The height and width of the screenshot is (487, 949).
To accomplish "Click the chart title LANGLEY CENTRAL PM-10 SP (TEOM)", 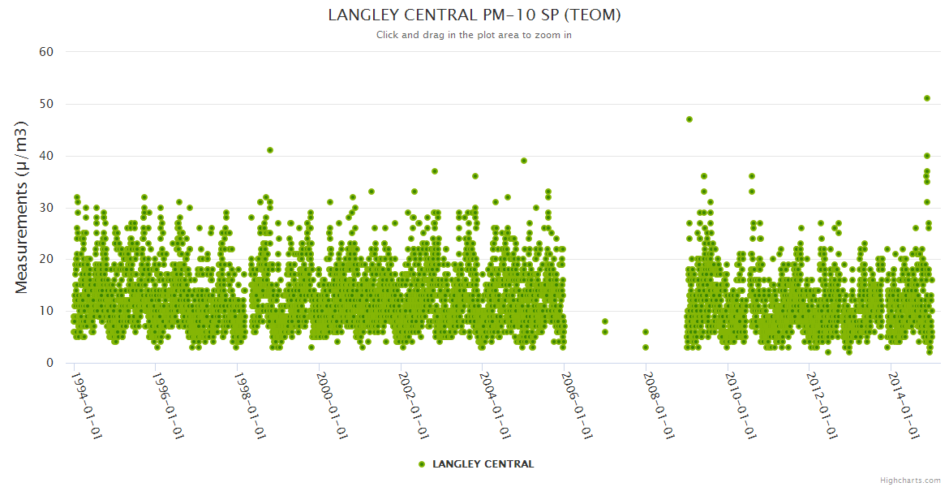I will [x=474, y=15].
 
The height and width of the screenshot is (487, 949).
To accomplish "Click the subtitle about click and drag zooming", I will [x=474, y=35].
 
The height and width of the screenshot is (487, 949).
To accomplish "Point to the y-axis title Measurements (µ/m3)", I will [x=22, y=207].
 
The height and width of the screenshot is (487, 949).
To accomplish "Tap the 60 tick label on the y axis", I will [x=46, y=52].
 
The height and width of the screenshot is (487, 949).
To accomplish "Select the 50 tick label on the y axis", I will [x=46, y=104].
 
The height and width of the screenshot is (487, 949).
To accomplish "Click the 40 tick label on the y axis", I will [x=46, y=156].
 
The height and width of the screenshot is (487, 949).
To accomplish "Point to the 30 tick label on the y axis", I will [x=46, y=208].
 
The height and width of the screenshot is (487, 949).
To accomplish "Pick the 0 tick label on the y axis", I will [x=49, y=363].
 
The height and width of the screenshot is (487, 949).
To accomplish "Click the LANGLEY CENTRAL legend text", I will [x=483, y=464].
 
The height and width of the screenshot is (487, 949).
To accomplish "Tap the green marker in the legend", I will [x=422, y=464].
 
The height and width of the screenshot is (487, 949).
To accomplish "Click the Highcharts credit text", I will [x=910, y=480].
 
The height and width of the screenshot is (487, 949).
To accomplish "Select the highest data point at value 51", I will [x=927, y=98].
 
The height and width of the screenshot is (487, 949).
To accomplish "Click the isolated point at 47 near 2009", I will [x=689, y=119].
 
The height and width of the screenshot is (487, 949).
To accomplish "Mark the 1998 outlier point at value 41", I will [x=270, y=150].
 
